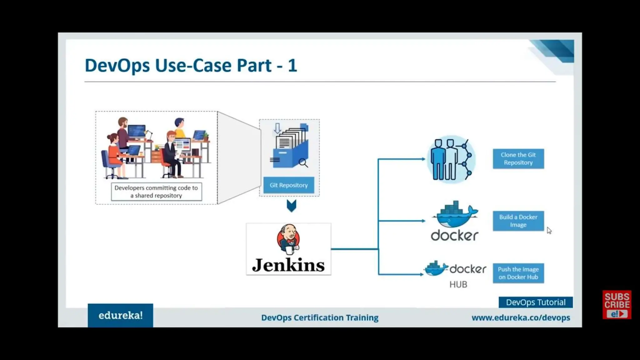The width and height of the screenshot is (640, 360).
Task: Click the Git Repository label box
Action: (x=288, y=185)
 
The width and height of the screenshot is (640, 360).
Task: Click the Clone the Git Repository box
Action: (x=518, y=159)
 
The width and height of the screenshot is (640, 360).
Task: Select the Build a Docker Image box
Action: (x=518, y=221)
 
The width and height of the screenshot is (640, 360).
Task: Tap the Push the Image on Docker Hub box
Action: (x=518, y=273)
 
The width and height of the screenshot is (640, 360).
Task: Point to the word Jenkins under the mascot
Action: (x=288, y=265)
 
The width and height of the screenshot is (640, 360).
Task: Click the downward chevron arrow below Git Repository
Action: (x=291, y=206)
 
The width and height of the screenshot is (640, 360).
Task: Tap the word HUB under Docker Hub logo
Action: (x=458, y=284)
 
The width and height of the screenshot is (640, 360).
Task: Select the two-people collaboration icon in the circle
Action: (x=451, y=159)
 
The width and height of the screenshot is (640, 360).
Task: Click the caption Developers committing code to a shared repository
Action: (x=156, y=192)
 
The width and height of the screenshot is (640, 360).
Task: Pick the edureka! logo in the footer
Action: (x=120, y=315)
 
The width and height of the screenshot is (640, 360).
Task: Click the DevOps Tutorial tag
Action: (x=536, y=302)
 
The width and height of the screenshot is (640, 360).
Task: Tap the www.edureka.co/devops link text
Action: (x=521, y=317)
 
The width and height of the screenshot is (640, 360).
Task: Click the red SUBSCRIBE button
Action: (x=617, y=304)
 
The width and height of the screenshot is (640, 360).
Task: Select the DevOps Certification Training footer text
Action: (x=320, y=317)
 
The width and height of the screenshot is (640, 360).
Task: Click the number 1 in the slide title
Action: (x=292, y=66)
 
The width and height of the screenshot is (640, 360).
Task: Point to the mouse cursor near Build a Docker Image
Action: (x=549, y=230)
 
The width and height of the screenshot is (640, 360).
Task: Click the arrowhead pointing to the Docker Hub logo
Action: (x=422, y=274)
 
